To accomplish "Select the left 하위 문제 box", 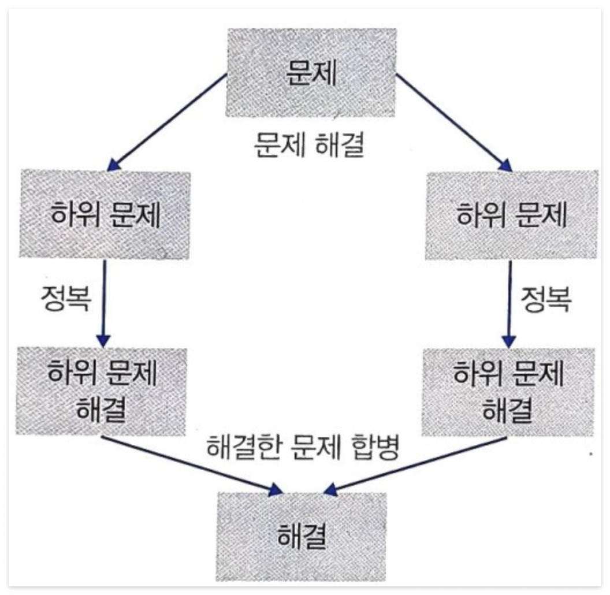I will point(105,214).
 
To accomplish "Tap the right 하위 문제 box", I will point(512,214).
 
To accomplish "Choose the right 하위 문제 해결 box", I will point(508,391).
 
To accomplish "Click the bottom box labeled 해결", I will point(302,536).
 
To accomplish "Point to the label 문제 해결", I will point(310,146).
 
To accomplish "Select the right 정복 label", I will point(546,300).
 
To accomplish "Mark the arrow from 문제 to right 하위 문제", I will point(454,122).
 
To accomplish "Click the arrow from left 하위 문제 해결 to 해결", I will point(191,464).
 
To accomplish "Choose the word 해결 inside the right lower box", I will point(508,409).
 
